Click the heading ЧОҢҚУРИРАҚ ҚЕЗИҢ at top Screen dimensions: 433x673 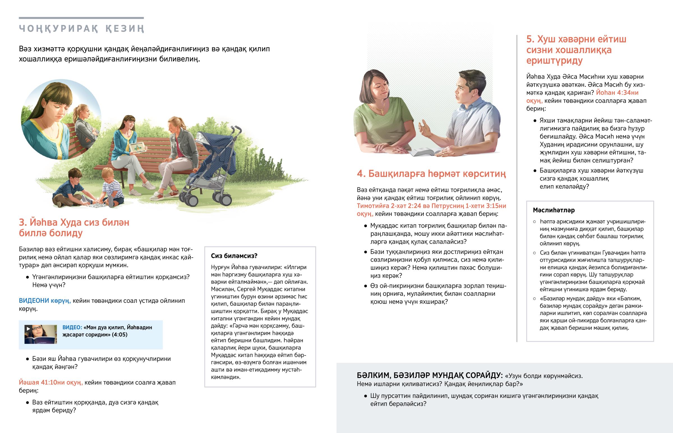click(x=81, y=29)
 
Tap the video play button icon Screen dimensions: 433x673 click(x=28, y=328)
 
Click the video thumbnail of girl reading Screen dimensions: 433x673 click(x=41, y=334)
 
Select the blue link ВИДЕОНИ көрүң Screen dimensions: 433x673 click(x=44, y=301)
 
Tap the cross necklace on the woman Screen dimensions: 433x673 click(x=382, y=112)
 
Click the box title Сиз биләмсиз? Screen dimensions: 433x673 click(x=234, y=256)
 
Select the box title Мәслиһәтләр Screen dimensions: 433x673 click(x=554, y=210)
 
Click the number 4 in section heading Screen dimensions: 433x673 click(x=360, y=174)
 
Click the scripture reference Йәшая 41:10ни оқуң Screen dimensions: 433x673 click(x=50, y=382)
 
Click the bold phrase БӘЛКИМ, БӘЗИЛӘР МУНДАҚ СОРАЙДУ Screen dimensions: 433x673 click(x=429, y=376)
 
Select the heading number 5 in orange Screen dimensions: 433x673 click(x=530, y=39)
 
